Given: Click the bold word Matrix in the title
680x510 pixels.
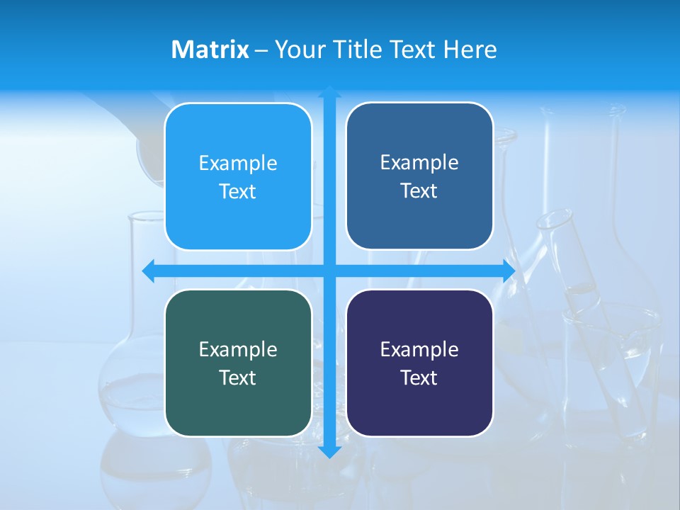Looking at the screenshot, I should coord(210,50).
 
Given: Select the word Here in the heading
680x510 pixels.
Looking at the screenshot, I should coord(470,50).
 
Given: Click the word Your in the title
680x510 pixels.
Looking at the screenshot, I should coord(298,50).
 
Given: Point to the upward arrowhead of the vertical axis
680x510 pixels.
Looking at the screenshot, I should coord(329,91).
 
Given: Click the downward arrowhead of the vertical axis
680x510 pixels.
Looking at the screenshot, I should coord(329,452).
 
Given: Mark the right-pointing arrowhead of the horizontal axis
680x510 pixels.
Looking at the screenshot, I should coord(509,271).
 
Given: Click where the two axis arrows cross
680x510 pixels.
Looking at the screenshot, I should coord(329,271).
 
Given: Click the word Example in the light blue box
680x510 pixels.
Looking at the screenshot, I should coord(238,163).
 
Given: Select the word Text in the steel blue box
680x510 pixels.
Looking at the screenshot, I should coord(419,191).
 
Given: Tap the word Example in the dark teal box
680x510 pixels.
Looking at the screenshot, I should coord(238,349).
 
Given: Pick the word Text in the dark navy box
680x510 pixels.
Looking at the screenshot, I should coord(419,378).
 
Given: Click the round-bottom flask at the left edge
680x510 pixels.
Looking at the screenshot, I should coord(131,382).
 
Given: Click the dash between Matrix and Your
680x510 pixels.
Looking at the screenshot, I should coord(261,50).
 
